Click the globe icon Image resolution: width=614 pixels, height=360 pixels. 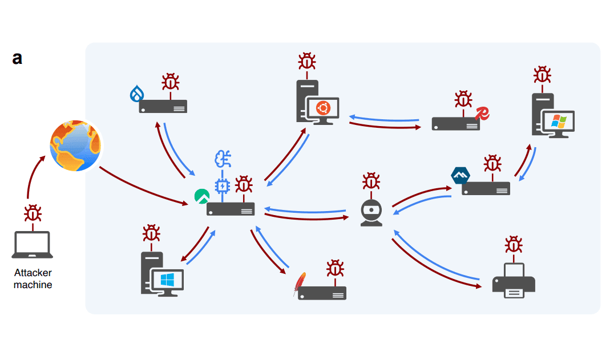pos(75,145)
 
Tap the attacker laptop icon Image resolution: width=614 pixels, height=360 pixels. pos(33,245)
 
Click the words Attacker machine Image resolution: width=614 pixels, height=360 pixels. pos(33,278)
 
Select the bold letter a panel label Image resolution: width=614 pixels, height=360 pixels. pos(17,59)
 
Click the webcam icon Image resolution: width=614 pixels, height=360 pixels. pos(371,212)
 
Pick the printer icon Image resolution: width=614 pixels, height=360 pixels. pos(514,280)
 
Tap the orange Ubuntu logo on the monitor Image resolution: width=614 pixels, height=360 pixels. pos(323,108)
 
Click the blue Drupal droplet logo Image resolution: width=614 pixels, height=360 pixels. pos(136,94)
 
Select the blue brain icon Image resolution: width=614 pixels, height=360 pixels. pos(223,159)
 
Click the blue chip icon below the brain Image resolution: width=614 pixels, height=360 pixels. pos(223,186)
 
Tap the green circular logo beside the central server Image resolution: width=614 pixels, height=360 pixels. pos(202,196)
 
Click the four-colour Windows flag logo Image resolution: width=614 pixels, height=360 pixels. pos(559,122)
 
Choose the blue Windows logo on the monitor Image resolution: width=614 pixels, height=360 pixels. pos(167,280)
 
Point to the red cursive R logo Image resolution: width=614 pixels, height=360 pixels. pos(482,113)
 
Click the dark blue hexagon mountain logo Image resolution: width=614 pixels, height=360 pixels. pos(460,175)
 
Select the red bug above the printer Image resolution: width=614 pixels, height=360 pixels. pos(514,245)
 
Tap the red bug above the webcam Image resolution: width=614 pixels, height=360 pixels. pos(371,181)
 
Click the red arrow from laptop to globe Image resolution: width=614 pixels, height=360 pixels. pos(32,173)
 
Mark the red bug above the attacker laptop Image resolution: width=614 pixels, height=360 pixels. pos(33,213)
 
